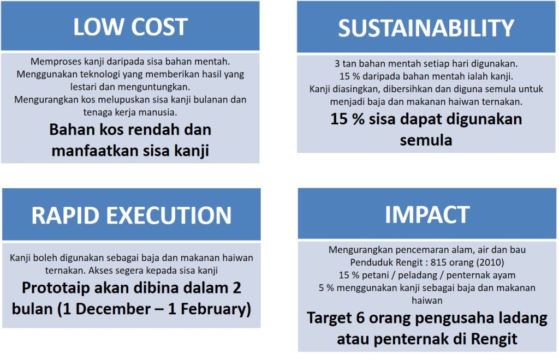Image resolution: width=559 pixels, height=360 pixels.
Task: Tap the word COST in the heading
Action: click(x=159, y=27)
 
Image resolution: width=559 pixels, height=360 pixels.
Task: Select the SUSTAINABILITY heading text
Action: click(x=426, y=28)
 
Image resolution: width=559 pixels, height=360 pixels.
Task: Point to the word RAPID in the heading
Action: click(x=65, y=215)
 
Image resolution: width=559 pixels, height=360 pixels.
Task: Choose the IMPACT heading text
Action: click(x=427, y=214)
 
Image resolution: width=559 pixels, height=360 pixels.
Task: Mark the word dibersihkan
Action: click(x=407, y=89)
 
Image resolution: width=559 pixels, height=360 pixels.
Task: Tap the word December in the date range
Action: click(x=113, y=309)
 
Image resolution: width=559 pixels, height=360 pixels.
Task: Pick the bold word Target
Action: click(x=329, y=319)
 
